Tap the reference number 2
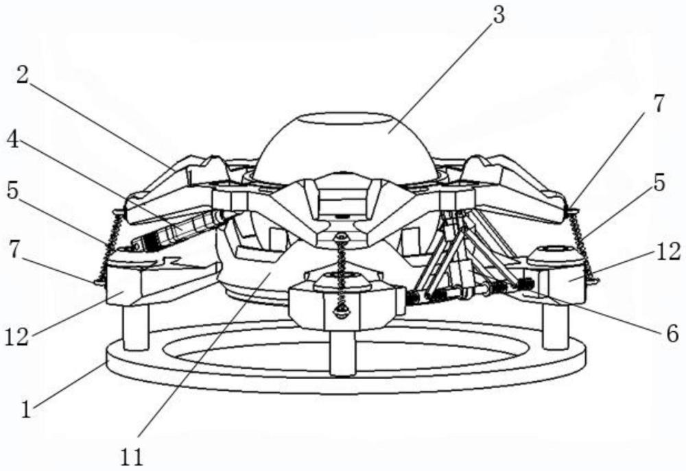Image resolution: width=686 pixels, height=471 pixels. coord(23,76)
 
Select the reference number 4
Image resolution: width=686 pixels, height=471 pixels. coord(12,141)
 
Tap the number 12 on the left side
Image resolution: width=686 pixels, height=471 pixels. coord(17,337)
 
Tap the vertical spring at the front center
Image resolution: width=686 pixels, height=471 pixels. coord(341,276)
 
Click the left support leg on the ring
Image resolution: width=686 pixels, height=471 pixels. coord(135,326)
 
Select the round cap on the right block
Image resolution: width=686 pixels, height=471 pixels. coord(556,254)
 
